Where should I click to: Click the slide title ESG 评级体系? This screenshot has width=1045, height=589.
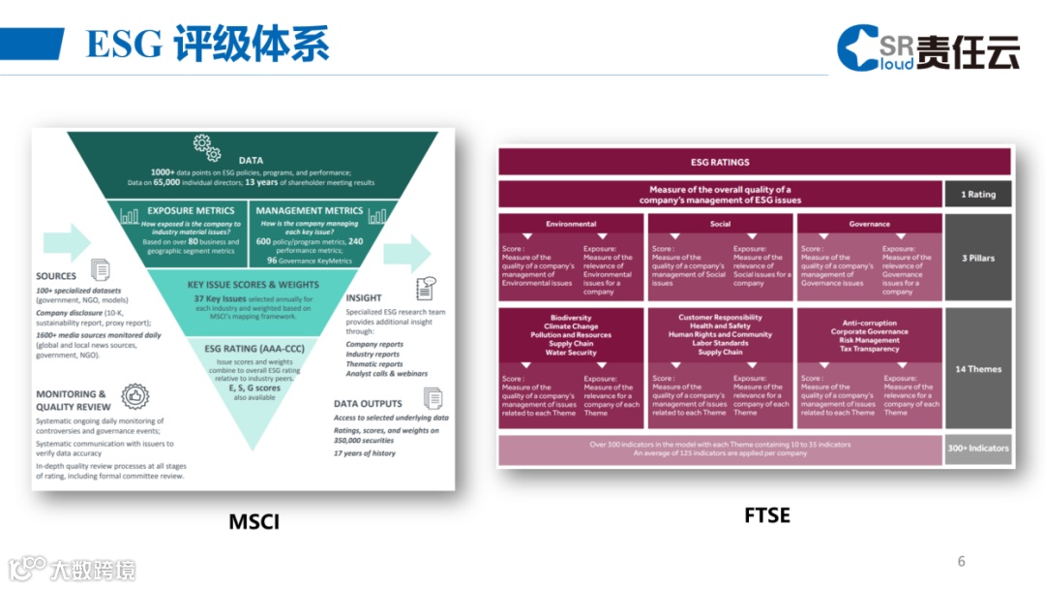pyautogui.click(x=207, y=44)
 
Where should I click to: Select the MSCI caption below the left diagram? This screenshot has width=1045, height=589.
pyautogui.click(x=254, y=522)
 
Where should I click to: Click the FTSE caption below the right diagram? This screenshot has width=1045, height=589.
pyautogui.click(x=766, y=515)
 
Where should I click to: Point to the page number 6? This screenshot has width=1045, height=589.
pyautogui.click(x=961, y=561)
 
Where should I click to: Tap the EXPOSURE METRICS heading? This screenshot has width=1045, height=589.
pyautogui.click(x=191, y=210)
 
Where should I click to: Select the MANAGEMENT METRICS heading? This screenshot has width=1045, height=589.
pyautogui.click(x=309, y=210)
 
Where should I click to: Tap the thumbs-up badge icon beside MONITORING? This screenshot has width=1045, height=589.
pyautogui.click(x=134, y=396)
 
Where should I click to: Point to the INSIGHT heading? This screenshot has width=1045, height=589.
pyautogui.click(x=364, y=297)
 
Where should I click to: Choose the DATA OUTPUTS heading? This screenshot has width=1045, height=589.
pyautogui.click(x=367, y=403)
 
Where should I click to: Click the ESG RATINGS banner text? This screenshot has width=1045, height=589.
pyautogui.click(x=720, y=162)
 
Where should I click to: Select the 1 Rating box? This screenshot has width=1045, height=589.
pyautogui.click(x=977, y=194)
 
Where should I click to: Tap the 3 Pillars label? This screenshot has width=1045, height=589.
pyautogui.click(x=977, y=259)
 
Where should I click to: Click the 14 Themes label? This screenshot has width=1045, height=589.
pyautogui.click(x=977, y=369)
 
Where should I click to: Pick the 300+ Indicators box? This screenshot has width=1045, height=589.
pyautogui.click(x=977, y=449)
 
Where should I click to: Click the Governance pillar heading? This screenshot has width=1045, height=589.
pyautogui.click(x=869, y=224)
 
